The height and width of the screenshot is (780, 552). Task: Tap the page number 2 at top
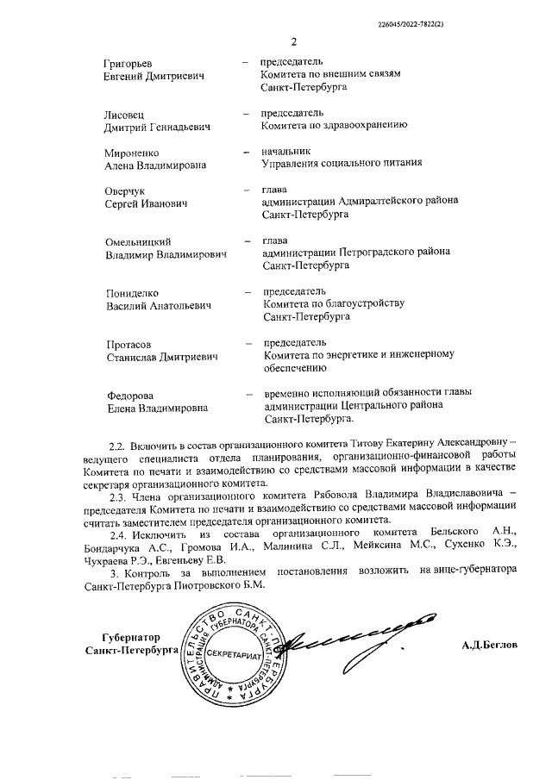(x=293, y=41)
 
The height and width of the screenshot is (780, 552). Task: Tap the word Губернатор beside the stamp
(x=132, y=637)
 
